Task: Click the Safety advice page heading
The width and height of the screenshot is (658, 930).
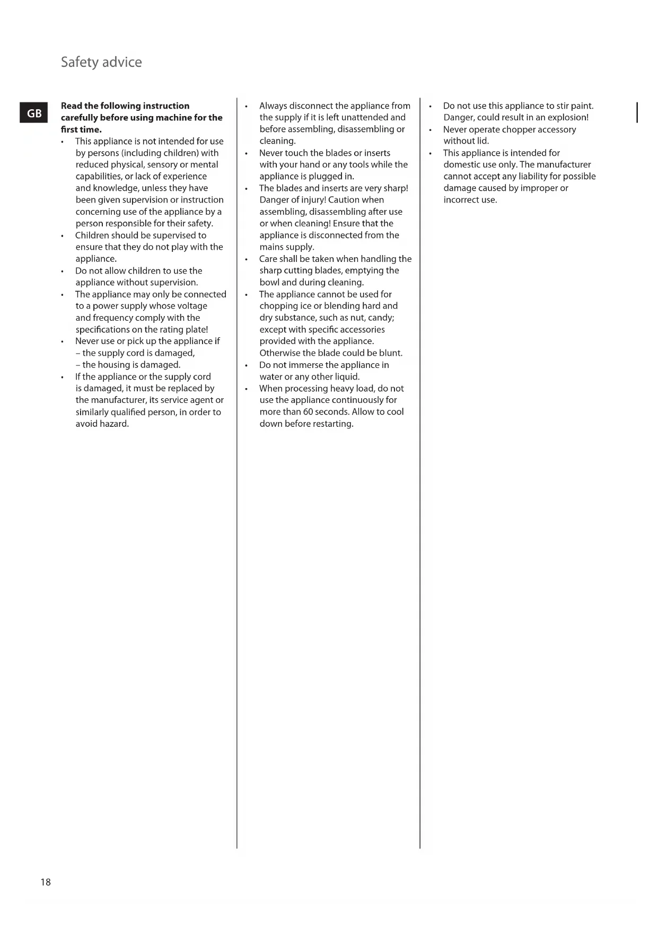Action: click(x=101, y=62)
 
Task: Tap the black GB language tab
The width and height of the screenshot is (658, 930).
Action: click(x=34, y=113)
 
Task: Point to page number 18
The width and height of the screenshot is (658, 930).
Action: click(x=46, y=882)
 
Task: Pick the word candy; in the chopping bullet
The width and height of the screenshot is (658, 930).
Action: click(x=381, y=318)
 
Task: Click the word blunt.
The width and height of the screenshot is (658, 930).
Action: click(x=391, y=353)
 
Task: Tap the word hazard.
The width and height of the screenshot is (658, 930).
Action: click(x=114, y=424)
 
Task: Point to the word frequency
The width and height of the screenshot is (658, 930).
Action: click(x=112, y=318)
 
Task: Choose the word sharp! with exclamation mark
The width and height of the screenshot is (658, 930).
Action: click(x=395, y=188)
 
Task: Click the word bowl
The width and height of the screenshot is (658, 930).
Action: click(x=269, y=283)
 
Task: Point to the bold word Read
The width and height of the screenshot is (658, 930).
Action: click(x=72, y=106)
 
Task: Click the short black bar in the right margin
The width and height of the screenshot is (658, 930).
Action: click(x=637, y=112)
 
